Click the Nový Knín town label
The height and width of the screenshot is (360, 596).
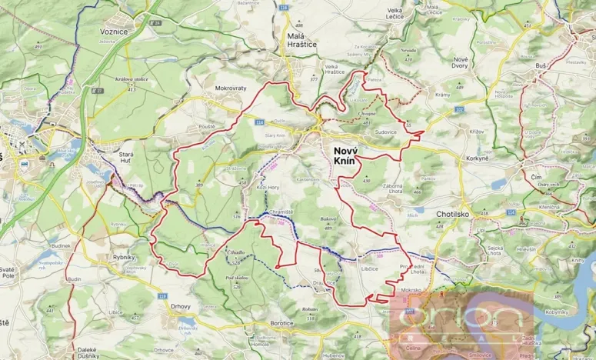355,153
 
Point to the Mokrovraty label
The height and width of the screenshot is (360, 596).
231,88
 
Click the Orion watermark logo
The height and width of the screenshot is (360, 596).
461,319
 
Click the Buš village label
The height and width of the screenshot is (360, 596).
541,66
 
